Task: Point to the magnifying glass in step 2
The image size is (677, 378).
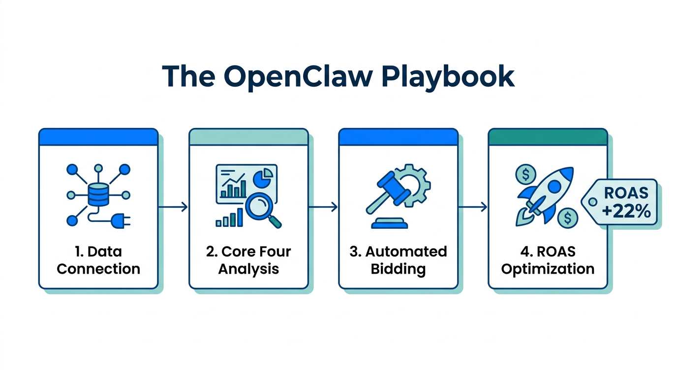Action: click(261, 209)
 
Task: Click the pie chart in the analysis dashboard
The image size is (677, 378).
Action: click(264, 177)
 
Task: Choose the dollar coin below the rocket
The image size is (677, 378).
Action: click(568, 216)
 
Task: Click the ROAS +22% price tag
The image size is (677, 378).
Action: click(621, 202)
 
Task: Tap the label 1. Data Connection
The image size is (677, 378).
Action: click(98, 260)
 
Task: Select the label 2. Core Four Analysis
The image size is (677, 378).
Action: click(248, 260)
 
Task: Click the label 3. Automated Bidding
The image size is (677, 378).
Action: click(398, 260)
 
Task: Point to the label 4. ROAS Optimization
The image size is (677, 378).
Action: click(548, 260)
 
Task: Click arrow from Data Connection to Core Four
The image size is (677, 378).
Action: click(173, 207)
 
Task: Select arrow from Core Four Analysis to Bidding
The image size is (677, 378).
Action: click(323, 207)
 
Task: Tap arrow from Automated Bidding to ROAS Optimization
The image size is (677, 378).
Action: click(473, 207)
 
